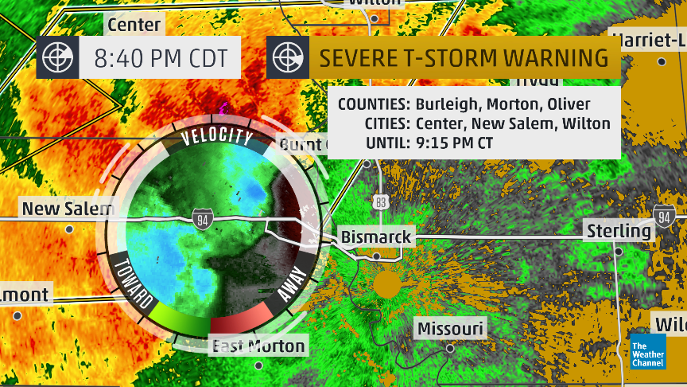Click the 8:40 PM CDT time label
pyautogui.click(x=160, y=58)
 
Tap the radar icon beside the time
pyautogui.click(x=57, y=58)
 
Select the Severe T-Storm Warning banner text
pyautogui.click(x=464, y=58)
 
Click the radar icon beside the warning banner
pyautogui.click(x=287, y=58)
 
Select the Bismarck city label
pyautogui.click(x=376, y=236)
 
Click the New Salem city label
pyautogui.click(x=68, y=209)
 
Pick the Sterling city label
pyautogui.click(x=619, y=231)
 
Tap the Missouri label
pyautogui.click(x=450, y=329)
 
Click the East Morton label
pyautogui.click(x=257, y=346)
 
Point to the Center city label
pyautogui.click(x=134, y=25)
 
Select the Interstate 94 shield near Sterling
pyautogui.click(x=665, y=214)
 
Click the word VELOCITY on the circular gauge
pyautogui.click(x=216, y=136)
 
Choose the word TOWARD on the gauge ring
pyautogui.click(x=134, y=283)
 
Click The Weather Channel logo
pyautogui.click(x=648, y=350)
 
